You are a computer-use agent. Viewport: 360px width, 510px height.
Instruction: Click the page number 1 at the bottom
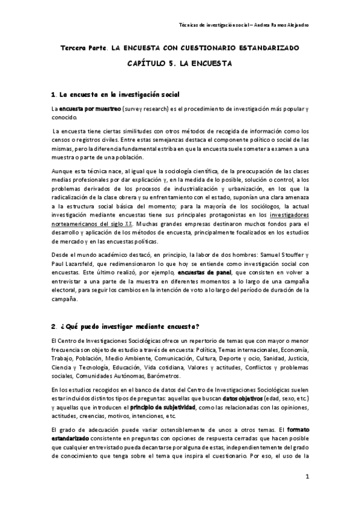[307, 477]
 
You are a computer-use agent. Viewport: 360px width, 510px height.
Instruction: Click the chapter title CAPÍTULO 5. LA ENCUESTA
[179, 63]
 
